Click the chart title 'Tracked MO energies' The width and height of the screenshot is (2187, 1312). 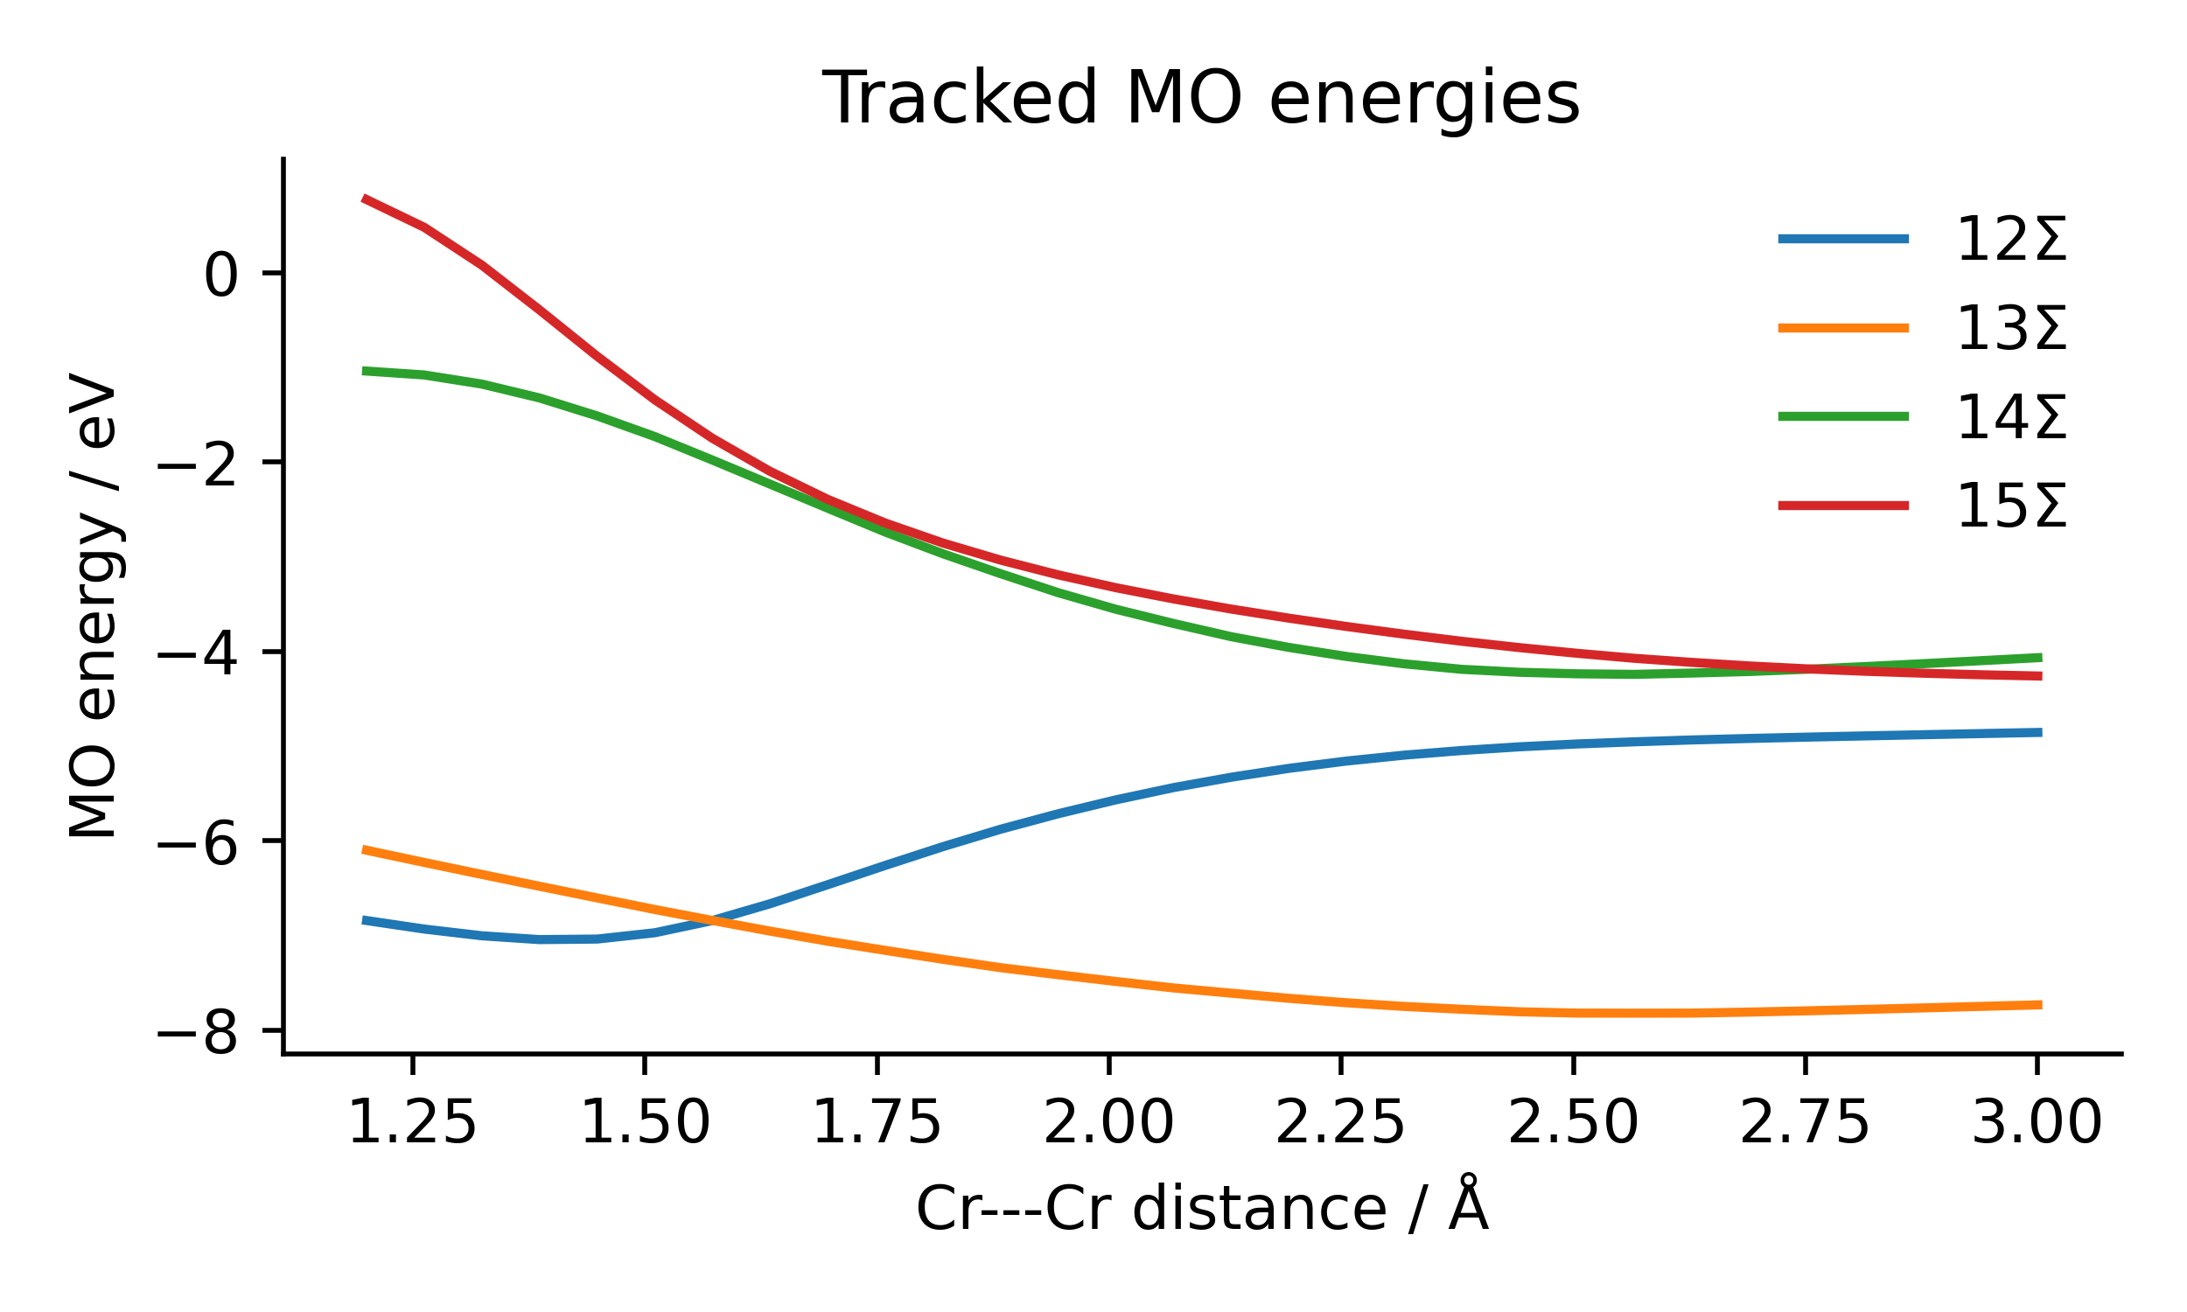tap(1200, 99)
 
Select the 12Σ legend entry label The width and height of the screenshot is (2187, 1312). tap(2011, 240)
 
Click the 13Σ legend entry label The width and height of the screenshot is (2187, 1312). tap(2011, 329)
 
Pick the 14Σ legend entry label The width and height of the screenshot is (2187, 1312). tap(2011, 417)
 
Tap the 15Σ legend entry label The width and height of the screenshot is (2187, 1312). tap(2011, 506)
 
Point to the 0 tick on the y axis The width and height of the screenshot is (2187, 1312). tap(221, 275)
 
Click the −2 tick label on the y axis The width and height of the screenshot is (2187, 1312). tap(198, 464)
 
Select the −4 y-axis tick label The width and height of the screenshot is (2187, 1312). tap(198, 654)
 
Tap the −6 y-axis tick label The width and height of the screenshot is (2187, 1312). tap(198, 843)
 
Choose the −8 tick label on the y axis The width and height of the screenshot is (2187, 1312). tap(198, 1033)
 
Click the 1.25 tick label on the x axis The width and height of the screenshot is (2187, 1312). tap(413, 1125)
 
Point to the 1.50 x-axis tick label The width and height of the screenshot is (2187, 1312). tap(646, 1125)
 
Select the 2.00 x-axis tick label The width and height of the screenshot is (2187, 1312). tap(1109, 1125)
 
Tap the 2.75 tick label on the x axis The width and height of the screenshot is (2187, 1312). tap(1805, 1125)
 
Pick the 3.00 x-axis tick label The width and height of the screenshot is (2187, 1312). tap(2037, 1125)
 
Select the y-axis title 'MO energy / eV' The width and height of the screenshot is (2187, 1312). tap(93, 606)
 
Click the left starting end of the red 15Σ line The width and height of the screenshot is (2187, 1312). tap(363, 199)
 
